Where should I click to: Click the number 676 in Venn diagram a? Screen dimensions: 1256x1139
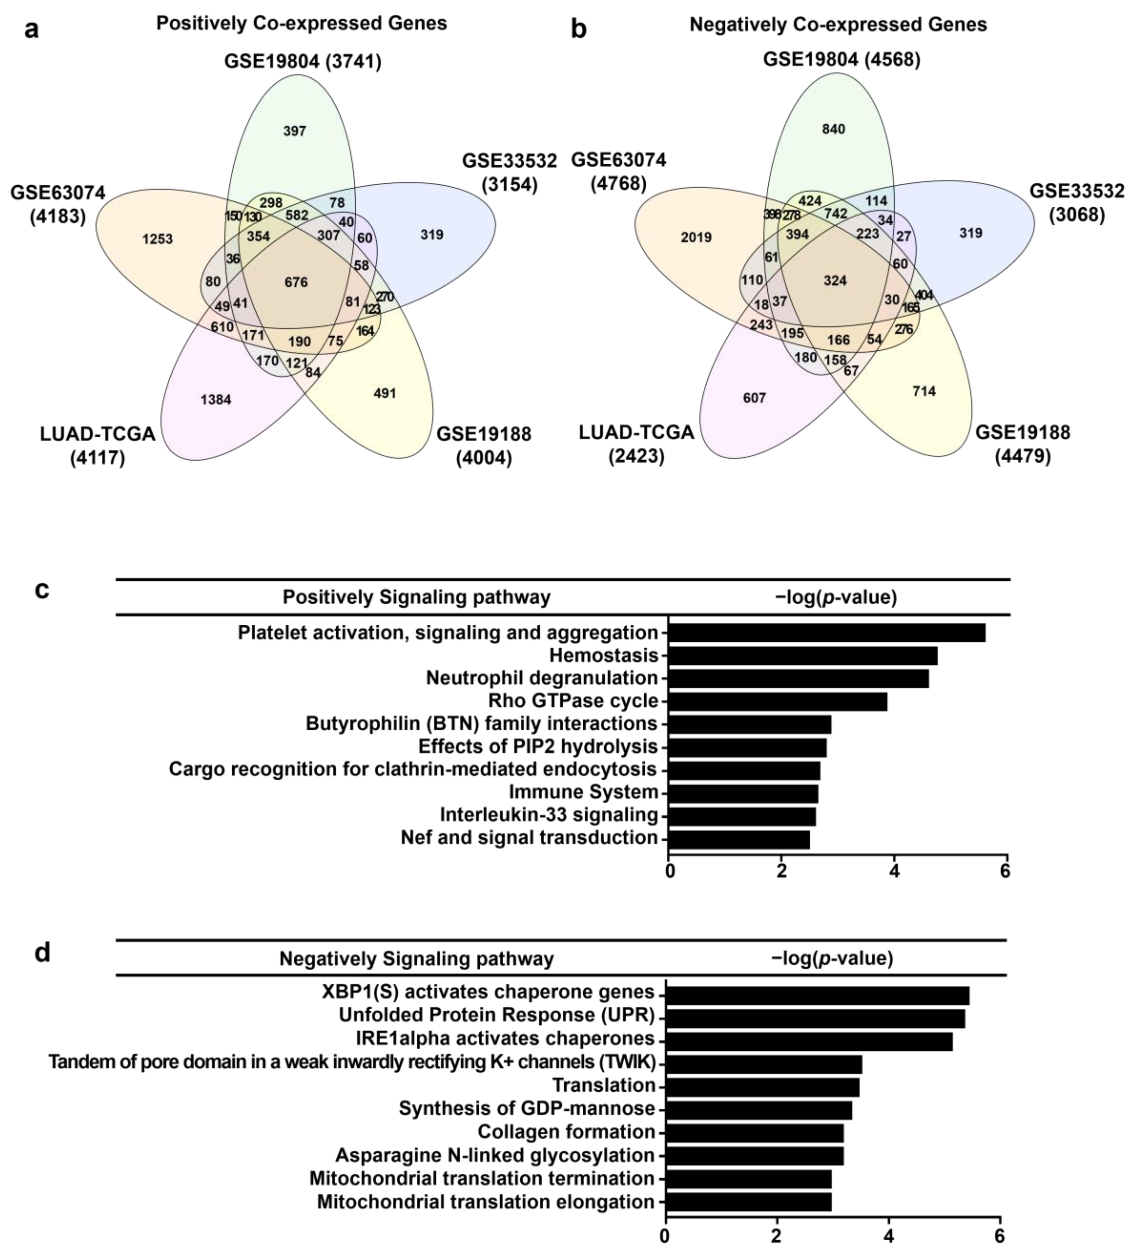click(296, 282)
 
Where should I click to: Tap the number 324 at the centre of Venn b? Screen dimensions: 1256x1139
click(835, 280)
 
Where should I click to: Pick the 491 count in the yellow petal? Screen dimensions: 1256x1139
click(384, 393)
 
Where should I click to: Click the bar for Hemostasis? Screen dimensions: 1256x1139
click(803, 655)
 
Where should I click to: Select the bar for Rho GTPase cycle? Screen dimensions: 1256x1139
click(778, 701)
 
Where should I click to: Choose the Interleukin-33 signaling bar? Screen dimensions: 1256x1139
click(741, 815)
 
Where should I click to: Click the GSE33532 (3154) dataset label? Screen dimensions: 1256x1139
click(509, 173)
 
